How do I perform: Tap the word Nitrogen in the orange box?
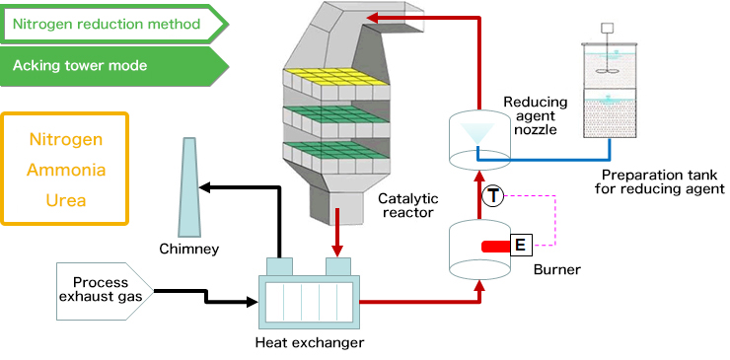click(x=66, y=139)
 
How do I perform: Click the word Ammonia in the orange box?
click(x=66, y=170)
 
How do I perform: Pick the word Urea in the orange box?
click(x=66, y=200)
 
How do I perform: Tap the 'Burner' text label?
click(x=556, y=268)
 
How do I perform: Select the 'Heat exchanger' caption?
click(x=309, y=343)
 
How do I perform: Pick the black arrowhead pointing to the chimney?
click(x=208, y=186)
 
